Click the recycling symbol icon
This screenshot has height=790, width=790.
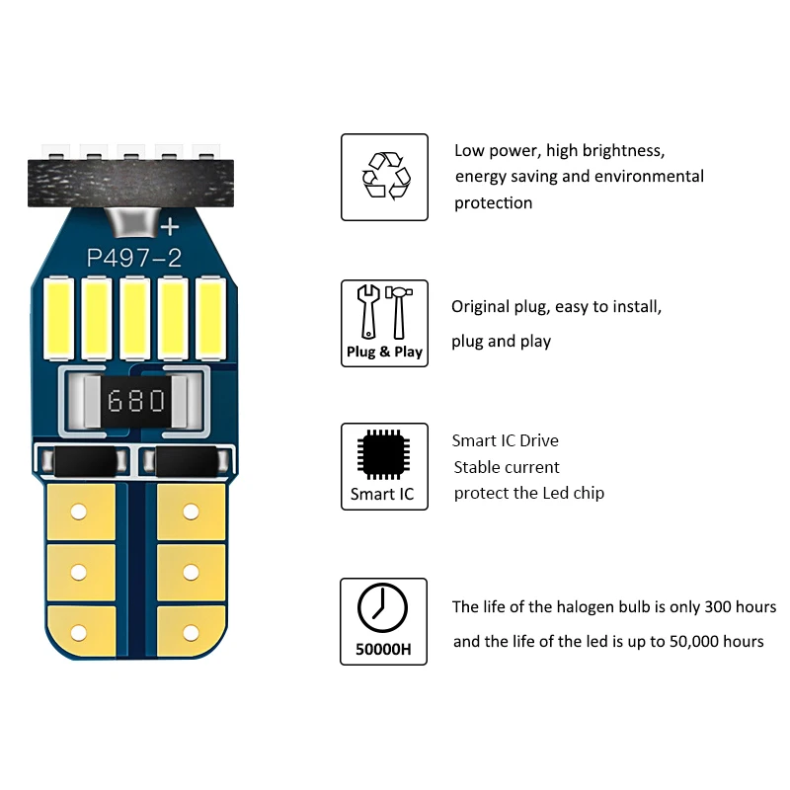tap(385, 175)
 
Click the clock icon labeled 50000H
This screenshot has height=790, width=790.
tap(383, 608)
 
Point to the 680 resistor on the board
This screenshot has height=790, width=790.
tap(137, 401)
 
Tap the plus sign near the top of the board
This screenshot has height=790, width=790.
tap(170, 226)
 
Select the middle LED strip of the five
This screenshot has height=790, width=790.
tap(135, 318)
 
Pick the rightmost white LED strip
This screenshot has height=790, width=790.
tap(210, 318)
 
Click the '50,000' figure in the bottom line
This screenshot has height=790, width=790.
tap(665, 641)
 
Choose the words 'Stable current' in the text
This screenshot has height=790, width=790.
tap(506, 467)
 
